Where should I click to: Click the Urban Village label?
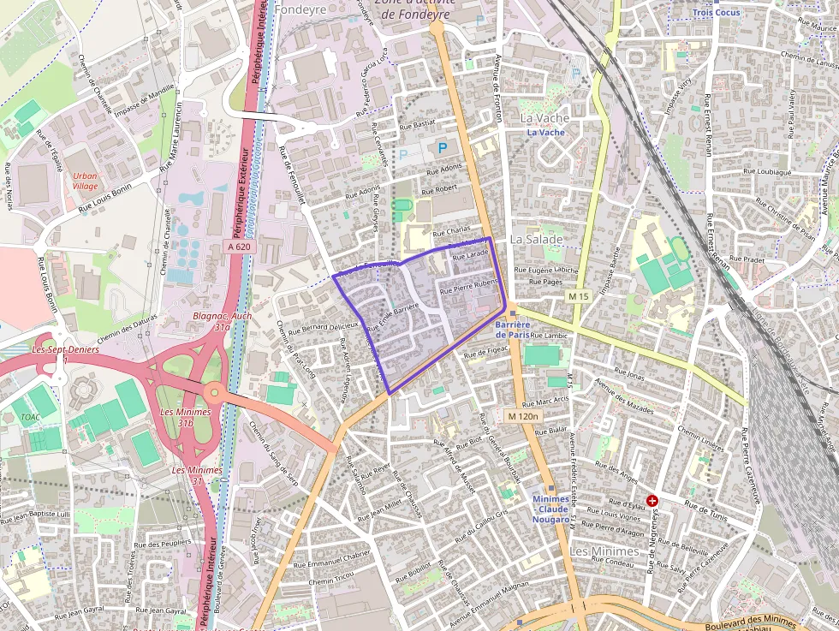[85, 181]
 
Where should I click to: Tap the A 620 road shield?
[240, 247]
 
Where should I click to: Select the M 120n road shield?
[522, 416]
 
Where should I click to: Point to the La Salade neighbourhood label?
[537, 239]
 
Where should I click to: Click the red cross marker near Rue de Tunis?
[652, 500]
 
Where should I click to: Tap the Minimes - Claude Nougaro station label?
[550, 509]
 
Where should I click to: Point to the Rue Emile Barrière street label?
[392, 317]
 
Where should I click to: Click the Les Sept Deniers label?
[65, 349]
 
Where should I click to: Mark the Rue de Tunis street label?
[706, 510]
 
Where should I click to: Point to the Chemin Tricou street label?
[331, 581]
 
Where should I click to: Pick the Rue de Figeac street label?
[486, 352]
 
